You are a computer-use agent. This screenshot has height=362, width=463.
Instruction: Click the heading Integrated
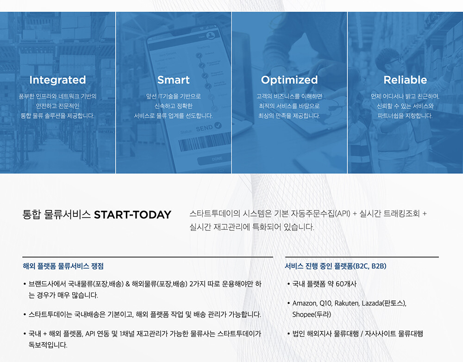click(57, 80)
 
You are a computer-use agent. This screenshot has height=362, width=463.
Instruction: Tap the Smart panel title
click(173, 80)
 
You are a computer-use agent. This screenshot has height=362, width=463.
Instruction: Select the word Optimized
click(289, 80)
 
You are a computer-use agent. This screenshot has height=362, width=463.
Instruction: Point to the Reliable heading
click(405, 80)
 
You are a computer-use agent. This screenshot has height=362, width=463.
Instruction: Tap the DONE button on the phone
click(217, 159)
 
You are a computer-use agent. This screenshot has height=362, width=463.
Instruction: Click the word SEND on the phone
click(204, 128)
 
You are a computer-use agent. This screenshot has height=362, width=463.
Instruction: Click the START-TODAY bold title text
click(132, 215)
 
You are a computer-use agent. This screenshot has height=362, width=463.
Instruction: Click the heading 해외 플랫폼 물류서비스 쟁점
click(63, 266)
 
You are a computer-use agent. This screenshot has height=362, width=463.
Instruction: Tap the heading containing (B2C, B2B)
click(335, 266)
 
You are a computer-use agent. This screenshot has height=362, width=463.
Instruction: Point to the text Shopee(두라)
click(312, 314)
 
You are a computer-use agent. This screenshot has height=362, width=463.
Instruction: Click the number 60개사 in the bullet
click(346, 284)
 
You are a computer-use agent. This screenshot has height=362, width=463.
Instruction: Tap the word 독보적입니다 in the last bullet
click(48, 345)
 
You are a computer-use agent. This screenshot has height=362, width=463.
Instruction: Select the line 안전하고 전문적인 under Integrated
click(57, 106)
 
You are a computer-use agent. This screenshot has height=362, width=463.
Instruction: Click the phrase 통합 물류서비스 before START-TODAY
click(56, 215)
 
